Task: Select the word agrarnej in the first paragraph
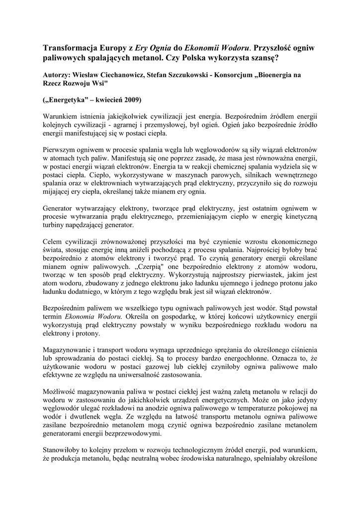[137, 124]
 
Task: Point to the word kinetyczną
[299, 217]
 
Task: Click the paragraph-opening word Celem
[53, 242]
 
